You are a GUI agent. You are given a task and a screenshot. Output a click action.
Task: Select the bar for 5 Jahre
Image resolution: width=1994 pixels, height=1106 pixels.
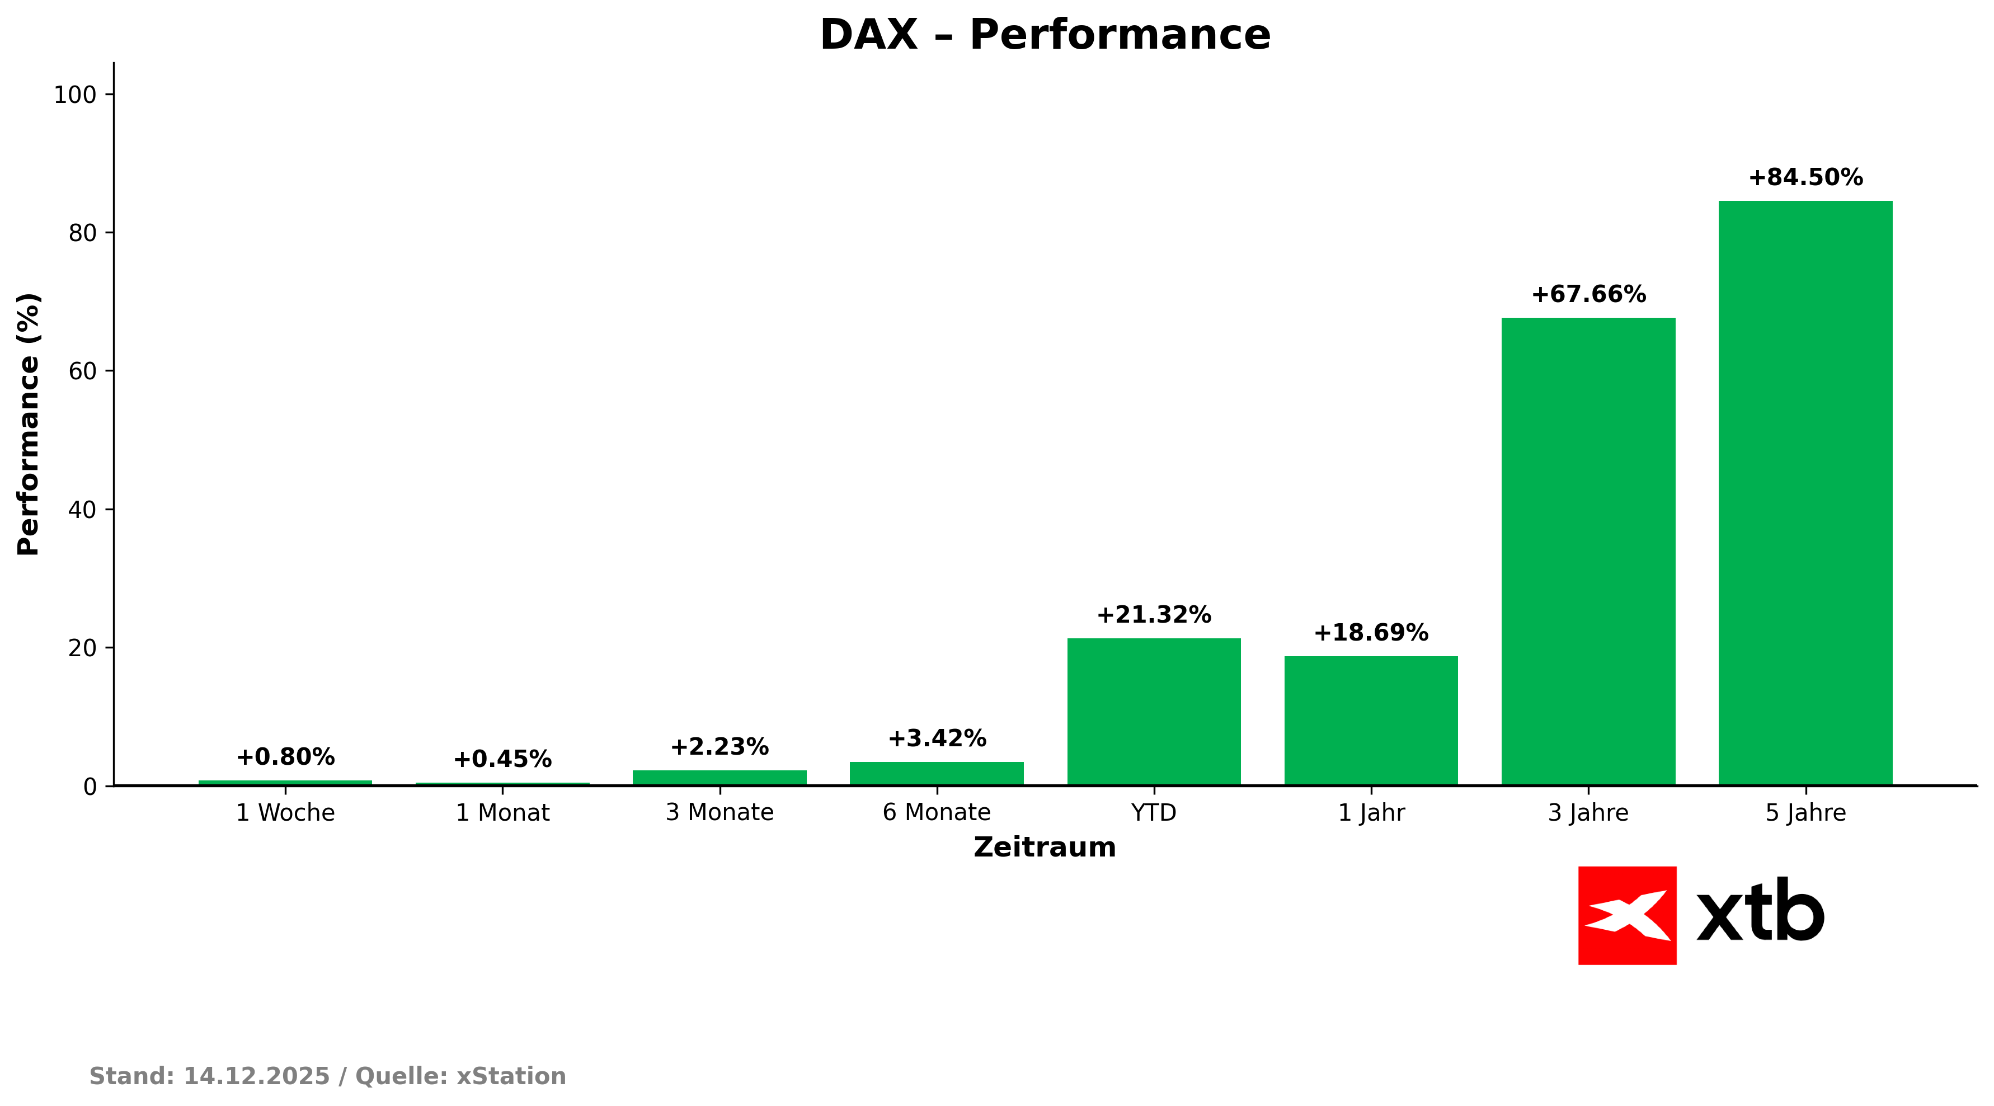(1805, 493)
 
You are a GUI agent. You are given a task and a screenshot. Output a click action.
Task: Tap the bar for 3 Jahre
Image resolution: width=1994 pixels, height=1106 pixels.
(1588, 551)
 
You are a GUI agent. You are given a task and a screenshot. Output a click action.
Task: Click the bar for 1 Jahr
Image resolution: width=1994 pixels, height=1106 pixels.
(1371, 721)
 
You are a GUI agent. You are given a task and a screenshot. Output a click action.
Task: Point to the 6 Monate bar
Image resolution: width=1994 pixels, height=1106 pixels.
(937, 773)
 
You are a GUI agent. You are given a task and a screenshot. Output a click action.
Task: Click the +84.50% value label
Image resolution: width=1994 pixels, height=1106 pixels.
(1805, 178)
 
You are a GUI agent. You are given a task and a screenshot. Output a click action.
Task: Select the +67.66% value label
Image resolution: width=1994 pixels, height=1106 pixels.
(1588, 295)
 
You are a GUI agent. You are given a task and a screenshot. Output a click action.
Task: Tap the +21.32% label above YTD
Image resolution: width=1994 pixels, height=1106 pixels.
(1153, 615)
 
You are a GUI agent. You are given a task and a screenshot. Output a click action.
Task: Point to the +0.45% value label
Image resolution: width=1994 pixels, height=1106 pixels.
(502, 759)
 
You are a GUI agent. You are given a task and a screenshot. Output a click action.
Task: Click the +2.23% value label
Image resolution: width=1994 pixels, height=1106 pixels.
(719, 747)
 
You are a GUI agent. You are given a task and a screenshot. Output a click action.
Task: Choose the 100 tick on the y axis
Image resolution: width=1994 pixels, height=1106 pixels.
(74, 95)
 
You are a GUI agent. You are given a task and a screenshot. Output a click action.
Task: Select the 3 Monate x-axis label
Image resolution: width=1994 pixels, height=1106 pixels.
(719, 813)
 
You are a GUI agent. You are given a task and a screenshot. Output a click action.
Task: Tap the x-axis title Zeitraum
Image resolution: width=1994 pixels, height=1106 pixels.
(1044, 848)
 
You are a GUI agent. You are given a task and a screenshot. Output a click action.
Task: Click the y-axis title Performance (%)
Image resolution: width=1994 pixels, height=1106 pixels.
(29, 424)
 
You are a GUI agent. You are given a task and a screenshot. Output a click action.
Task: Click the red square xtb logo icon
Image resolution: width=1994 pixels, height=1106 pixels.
(1627, 916)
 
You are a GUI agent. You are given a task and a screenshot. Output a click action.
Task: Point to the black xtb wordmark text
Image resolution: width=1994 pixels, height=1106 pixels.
(1760, 910)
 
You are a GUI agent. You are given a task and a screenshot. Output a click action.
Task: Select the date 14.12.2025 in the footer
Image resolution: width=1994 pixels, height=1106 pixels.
(256, 1076)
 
